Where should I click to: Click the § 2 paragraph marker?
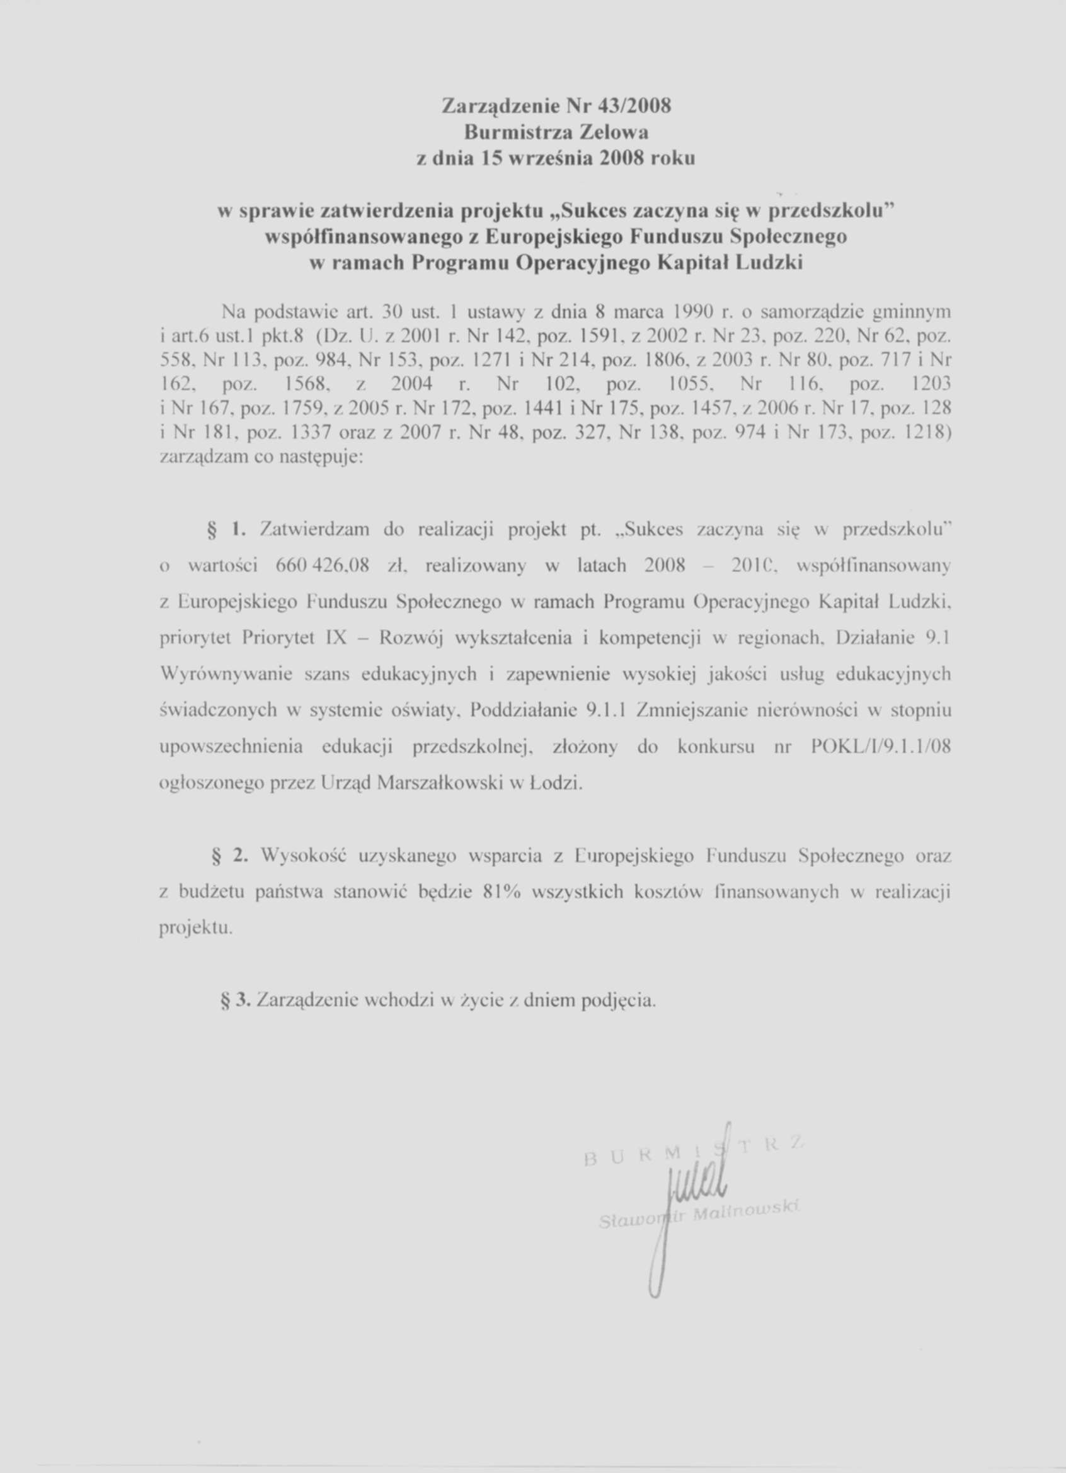coord(231,857)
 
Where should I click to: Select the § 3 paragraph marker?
coord(234,1001)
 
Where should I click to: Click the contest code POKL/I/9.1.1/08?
coord(881,747)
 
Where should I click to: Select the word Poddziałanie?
coord(524,711)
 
